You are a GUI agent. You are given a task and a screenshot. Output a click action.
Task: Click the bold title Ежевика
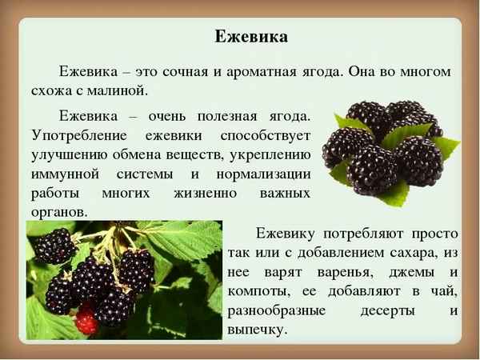[251, 37]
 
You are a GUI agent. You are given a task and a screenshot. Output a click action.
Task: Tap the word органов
[58, 213]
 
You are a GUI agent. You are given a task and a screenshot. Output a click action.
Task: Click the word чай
[446, 292]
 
